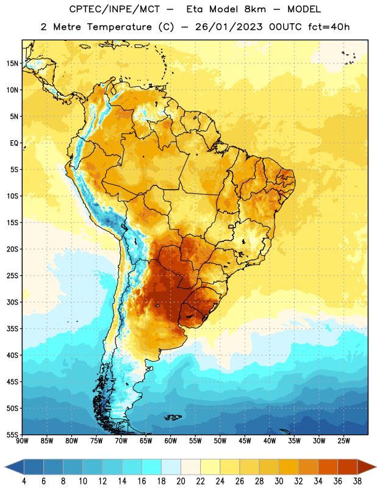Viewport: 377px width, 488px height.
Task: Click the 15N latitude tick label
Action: click(x=12, y=63)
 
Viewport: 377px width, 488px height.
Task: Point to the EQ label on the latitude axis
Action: click(x=14, y=143)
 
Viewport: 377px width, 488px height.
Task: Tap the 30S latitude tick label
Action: click(x=12, y=302)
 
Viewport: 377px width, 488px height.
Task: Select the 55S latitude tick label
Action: click(x=12, y=435)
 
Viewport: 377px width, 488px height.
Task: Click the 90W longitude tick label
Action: click(x=22, y=441)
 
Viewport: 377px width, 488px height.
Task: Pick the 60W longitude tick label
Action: click(x=171, y=441)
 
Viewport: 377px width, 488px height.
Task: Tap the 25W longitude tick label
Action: click(x=343, y=441)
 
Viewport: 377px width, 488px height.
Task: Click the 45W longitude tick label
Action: click(x=245, y=441)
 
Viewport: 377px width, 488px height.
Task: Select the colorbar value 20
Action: click(x=181, y=481)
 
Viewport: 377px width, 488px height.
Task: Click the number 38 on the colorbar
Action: click(x=357, y=481)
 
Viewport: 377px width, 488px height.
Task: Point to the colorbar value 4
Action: click(x=24, y=481)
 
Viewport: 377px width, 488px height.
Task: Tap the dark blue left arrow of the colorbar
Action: click(x=15, y=467)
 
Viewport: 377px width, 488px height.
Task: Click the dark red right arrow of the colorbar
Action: click(x=367, y=467)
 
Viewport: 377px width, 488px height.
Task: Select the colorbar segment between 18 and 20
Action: click(x=171, y=467)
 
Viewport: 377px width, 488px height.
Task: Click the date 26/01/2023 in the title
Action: click(x=229, y=27)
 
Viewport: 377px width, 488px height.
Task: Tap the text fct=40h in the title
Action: click(x=329, y=27)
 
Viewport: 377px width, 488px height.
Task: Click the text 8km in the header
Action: click(x=255, y=9)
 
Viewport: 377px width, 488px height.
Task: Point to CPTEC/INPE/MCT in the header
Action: click(x=115, y=9)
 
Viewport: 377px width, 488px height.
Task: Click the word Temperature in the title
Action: click(x=119, y=27)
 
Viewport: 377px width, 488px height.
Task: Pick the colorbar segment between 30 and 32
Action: click(x=289, y=467)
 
